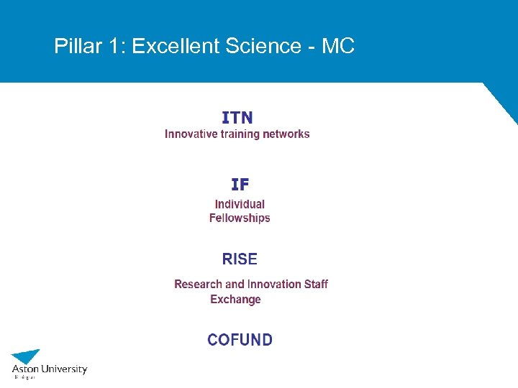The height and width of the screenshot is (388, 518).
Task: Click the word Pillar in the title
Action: (74, 47)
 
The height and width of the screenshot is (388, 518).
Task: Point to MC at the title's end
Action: (338, 47)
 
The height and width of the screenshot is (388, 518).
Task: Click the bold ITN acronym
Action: (237, 117)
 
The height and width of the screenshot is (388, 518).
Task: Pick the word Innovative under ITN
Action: (190, 134)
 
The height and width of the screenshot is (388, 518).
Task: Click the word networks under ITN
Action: (286, 134)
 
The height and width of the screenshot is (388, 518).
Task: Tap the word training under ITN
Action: (239, 134)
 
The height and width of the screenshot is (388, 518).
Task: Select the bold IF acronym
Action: (240, 185)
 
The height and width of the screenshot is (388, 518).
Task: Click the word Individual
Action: (240, 204)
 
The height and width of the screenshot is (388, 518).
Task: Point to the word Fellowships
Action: (240, 218)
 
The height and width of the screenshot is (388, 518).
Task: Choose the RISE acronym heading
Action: (240, 259)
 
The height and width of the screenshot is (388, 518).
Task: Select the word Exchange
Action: (235, 299)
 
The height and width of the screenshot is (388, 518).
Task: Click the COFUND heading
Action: (240, 340)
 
